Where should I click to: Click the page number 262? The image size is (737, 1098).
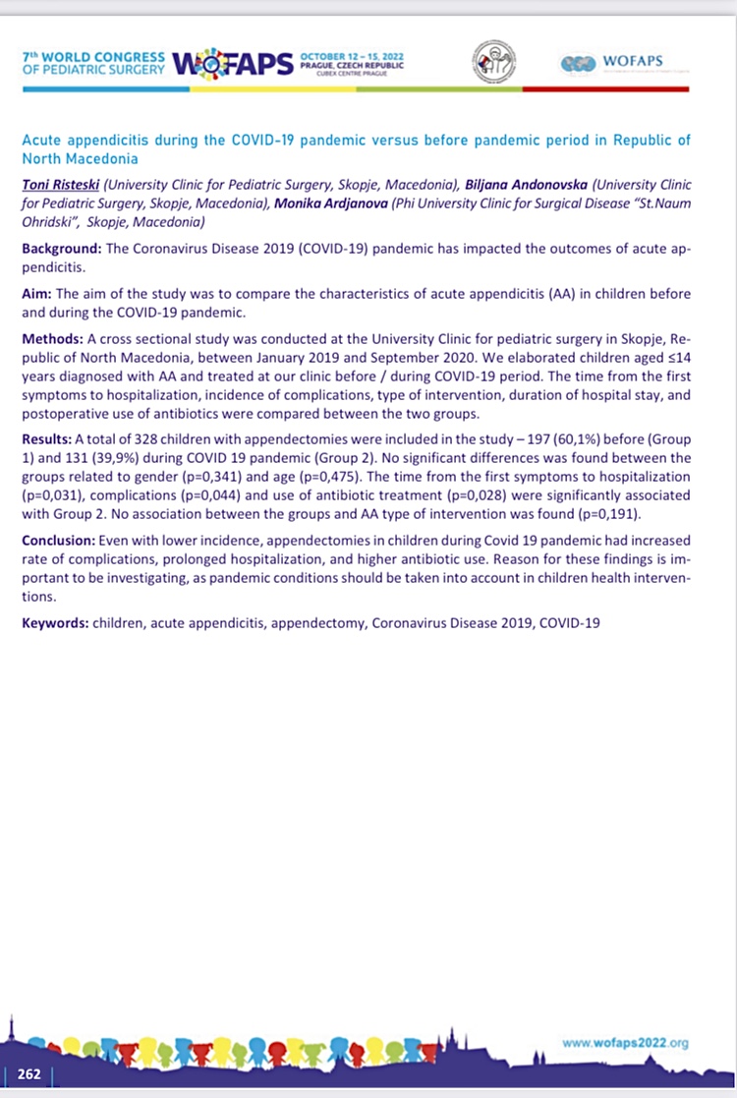pos(28,1073)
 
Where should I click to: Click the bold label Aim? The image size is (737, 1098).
pos(38,294)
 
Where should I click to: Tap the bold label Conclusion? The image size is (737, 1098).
pos(59,541)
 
